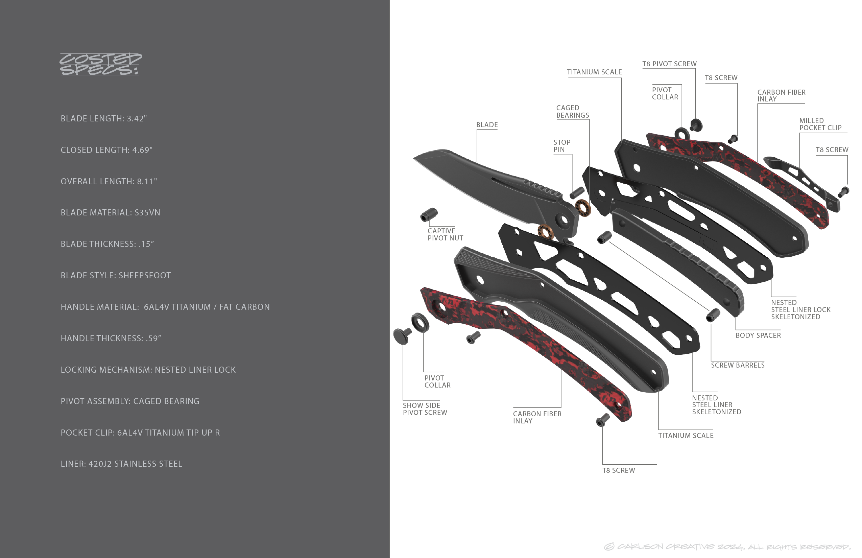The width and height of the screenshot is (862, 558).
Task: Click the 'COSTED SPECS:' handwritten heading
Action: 100,64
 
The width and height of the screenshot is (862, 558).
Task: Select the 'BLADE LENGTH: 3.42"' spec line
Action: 103,119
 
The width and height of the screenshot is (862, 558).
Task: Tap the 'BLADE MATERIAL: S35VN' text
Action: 110,213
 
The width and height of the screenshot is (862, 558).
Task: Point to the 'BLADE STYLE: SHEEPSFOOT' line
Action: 116,276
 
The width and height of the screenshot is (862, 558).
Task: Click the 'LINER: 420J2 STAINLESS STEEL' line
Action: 121,464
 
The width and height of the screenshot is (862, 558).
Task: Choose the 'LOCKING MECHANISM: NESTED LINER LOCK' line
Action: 148,370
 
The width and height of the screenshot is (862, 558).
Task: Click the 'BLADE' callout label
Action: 487,125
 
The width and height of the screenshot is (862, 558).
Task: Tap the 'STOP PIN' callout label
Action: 561,146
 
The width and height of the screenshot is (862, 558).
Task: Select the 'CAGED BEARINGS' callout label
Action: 572,112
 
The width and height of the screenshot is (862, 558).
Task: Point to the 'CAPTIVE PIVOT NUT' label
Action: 445,234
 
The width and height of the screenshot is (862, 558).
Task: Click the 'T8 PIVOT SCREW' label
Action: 669,64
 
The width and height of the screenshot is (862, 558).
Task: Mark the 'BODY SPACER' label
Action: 758,335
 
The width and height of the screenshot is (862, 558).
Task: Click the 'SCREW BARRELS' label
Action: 737,365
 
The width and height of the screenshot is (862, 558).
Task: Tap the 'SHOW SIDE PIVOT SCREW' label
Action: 425,409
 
